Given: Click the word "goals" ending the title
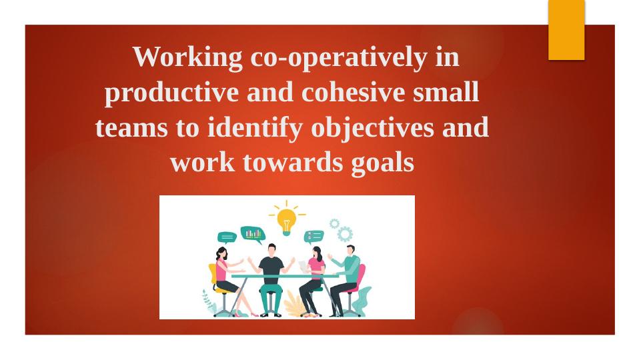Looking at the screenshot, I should [x=382, y=162].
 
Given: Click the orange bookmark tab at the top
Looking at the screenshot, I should [x=566, y=29].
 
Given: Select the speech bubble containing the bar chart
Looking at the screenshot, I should [x=253, y=234].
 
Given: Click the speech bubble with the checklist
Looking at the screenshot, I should [x=313, y=237].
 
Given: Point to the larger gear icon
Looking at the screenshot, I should [x=345, y=233].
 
